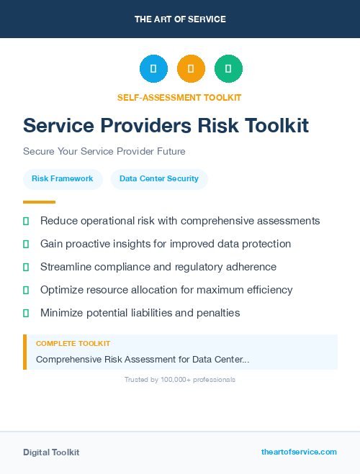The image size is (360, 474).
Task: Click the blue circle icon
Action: click(x=153, y=68)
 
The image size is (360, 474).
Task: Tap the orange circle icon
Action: click(x=191, y=68)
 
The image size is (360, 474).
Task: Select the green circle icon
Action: click(x=228, y=68)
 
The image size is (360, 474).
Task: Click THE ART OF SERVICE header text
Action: click(x=180, y=19)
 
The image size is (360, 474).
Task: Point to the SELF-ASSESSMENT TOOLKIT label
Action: click(x=179, y=97)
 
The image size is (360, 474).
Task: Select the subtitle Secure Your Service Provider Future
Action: click(x=104, y=152)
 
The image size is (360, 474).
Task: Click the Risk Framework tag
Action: click(x=63, y=178)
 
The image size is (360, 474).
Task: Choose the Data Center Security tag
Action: click(x=159, y=178)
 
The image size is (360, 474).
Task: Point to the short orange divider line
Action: click(x=39, y=202)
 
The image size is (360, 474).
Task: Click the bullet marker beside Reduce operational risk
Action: click(x=26, y=221)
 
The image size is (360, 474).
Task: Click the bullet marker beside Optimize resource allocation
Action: click(x=26, y=290)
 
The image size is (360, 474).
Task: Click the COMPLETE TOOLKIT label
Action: click(x=73, y=344)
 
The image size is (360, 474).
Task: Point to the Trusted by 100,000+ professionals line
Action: click(x=180, y=379)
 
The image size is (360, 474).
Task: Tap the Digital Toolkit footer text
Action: click(x=51, y=452)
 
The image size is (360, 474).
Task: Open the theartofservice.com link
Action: click(x=299, y=452)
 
